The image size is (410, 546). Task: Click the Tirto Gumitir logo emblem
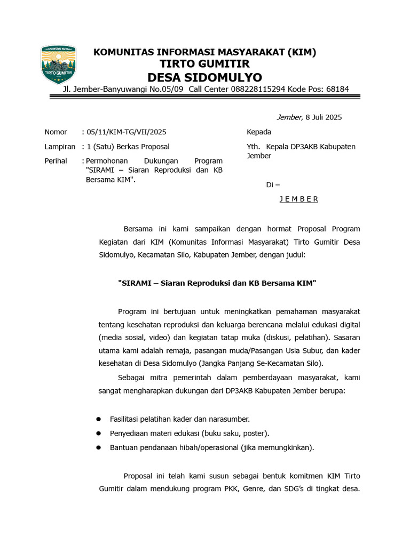(58, 65)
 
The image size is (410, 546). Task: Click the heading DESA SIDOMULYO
(205, 77)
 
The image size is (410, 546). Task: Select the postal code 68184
(336, 89)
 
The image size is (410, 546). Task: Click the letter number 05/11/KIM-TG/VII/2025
(126, 132)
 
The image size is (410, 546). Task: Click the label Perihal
(56, 160)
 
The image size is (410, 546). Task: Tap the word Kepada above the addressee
(259, 132)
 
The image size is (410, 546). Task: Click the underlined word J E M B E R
(298, 199)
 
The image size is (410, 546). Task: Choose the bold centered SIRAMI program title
(217, 283)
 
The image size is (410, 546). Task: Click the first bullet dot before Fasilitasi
(98, 419)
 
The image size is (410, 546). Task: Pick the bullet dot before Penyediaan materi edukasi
(98, 433)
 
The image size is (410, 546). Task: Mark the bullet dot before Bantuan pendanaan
(98, 448)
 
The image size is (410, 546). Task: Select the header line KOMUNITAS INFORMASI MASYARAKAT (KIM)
(205, 52)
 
